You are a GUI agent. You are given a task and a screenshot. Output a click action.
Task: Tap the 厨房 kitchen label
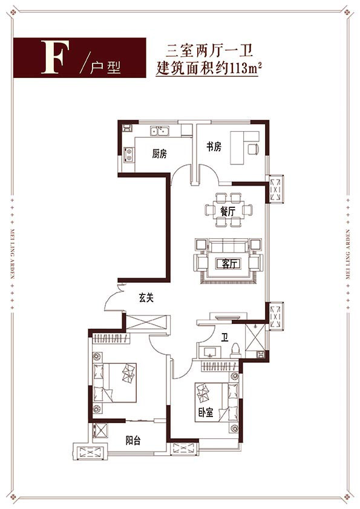(x=159, y=154)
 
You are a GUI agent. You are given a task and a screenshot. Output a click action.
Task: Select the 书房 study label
(x=214, y=147)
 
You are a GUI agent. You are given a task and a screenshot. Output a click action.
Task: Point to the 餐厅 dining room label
(x=227, y=212)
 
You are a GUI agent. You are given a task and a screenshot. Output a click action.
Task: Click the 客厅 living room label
(x=229, y=264)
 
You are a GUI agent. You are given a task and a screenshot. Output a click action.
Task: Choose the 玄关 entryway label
(x=146, y=297)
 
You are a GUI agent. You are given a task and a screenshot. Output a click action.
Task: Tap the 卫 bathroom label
(x=225, y=337)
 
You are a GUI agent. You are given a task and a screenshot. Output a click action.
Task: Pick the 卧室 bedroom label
(x=206, y=412)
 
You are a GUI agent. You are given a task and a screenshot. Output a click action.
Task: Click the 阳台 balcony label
(x=133, y=441)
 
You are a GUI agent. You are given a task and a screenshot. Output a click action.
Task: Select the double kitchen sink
(x=159, y=131)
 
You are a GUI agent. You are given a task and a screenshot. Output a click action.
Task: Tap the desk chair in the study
(x=254, y=149)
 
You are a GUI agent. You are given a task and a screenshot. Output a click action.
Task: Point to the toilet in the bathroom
(x=235, y=351)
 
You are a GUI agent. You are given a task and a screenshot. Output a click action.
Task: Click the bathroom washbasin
(x=209, y=352)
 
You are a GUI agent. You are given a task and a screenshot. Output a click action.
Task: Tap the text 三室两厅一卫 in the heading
(x=209, y=51)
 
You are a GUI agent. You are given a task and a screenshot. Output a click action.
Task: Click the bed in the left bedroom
(x=114, y=383)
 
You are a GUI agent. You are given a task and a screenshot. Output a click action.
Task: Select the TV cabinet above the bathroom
(x=228, y=317)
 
